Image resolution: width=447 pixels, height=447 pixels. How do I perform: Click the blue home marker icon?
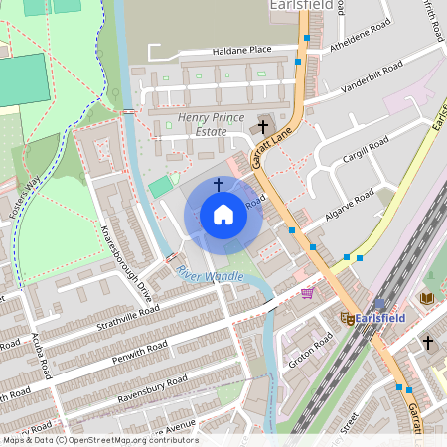point(223,214)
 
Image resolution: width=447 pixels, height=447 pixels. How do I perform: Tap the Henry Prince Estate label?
point(212,125)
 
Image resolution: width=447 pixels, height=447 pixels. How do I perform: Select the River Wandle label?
point(210,275)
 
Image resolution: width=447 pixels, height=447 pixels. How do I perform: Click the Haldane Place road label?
point(241,51)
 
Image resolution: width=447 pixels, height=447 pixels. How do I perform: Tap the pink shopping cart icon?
point(307,293)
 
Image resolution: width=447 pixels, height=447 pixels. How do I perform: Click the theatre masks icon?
point(348,318)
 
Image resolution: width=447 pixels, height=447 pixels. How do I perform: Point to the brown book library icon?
point(427,298)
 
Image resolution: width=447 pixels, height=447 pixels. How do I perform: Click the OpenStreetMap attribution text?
point(99,440)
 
